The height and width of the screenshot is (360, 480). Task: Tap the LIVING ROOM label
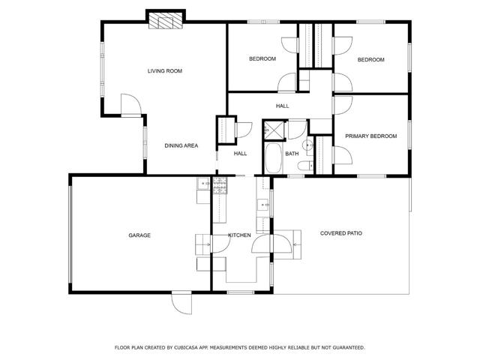coord(164,71)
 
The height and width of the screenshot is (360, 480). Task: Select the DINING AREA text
coord(181,145)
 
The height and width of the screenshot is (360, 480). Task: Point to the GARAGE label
coord(139,235)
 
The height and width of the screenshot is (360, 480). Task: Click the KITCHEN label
coord(240,235)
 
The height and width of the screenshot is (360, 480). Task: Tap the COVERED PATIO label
coord(341,233)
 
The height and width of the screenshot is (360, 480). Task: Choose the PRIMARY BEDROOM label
coord(370,136)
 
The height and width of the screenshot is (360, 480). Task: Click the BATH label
coord(292,154)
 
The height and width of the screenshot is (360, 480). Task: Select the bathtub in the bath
coord(272,160)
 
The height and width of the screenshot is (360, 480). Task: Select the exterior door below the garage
coord(181,301)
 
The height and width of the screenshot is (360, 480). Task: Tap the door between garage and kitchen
coord(202,244)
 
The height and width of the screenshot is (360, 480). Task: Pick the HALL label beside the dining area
coord(240,154)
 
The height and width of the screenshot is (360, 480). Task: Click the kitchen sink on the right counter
coord(264,203)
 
